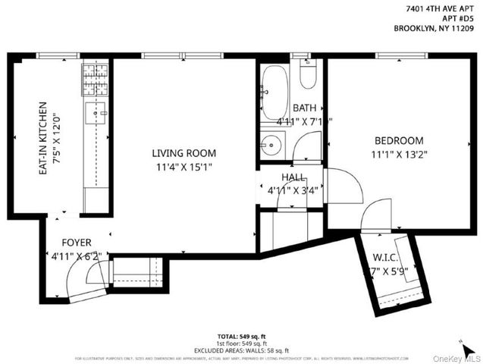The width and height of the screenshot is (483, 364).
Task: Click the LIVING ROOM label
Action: point(183,152)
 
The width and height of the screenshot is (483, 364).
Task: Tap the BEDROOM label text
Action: point(398,140)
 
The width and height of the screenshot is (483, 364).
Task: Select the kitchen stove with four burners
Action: point(95,77)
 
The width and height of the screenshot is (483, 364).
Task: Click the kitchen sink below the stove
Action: point(96,113)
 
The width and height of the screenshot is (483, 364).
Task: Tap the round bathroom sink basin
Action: point(271,143)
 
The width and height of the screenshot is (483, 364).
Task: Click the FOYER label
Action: point(77,243)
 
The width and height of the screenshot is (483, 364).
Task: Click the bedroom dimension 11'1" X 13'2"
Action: point(398,154)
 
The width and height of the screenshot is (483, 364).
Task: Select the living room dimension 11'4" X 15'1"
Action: point(183,165)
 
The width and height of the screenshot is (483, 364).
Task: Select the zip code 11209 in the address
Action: point(460,30)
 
